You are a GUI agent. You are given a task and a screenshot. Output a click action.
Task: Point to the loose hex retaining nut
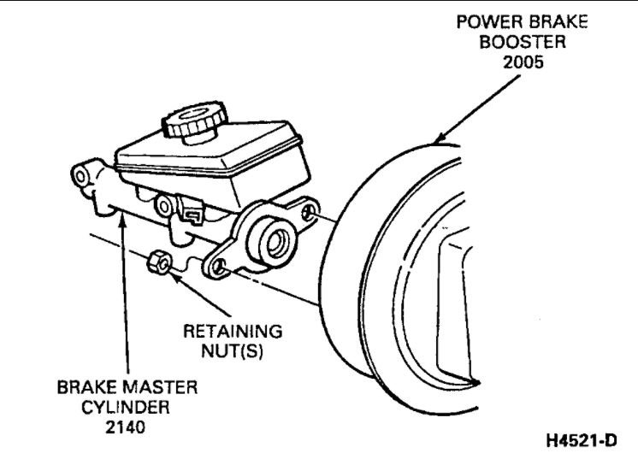[157, 261]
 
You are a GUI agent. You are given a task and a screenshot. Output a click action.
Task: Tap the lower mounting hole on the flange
[218, 268]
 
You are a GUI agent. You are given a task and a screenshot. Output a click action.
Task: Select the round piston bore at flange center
[275, 243]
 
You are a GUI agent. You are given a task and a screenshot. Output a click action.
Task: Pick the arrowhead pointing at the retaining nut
[173, 275]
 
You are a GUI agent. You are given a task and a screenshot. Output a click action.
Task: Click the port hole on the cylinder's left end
[80, 177]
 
